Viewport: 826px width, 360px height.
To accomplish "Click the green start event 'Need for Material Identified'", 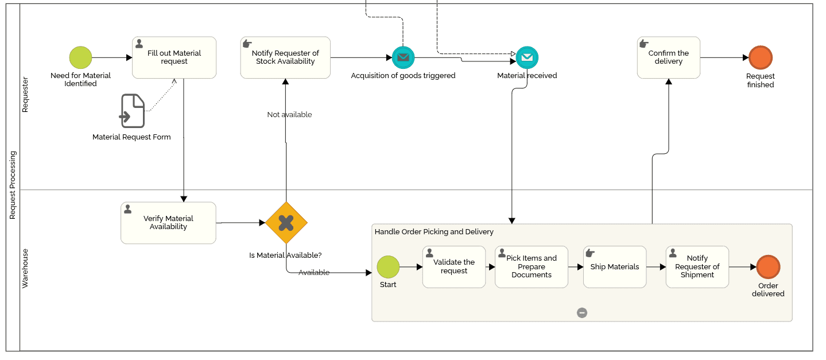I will click(x=80, y=57).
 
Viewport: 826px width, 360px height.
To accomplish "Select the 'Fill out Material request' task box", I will click(x=174, y=57).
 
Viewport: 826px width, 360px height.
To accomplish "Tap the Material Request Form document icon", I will click(x=133, y=111).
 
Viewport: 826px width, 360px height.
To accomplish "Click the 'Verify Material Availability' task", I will click(x=168, y=223).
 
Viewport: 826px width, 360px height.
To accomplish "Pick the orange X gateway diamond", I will click(x=286, y=222).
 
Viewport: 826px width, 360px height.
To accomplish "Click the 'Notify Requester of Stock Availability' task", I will click(x=285, y=57).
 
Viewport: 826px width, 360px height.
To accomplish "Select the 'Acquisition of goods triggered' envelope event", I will click(x=403, y=57).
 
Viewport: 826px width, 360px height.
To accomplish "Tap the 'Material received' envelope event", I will click(x=527, y=57).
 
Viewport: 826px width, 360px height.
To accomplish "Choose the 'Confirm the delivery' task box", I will click(x=668, y=57).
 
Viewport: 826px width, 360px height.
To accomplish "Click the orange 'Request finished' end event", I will click(x=761, y=57).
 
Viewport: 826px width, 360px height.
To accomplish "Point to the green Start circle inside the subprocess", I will click(x=388, y=267).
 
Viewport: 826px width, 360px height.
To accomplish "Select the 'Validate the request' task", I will click(x=453, y=267).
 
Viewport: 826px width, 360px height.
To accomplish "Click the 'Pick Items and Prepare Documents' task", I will click(x=531, y=267).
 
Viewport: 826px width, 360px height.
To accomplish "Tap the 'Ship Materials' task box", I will click(x=614, y=267).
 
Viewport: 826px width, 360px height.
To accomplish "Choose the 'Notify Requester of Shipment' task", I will click(x=697, y=267).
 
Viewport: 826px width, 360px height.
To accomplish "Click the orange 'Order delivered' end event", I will click(x=768, y=267).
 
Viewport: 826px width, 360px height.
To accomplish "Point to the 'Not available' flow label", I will click(x=289, y=115).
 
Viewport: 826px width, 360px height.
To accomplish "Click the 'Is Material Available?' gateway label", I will click(x=285, y=256).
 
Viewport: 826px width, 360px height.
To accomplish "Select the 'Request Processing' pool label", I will click(x=13, y=185).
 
